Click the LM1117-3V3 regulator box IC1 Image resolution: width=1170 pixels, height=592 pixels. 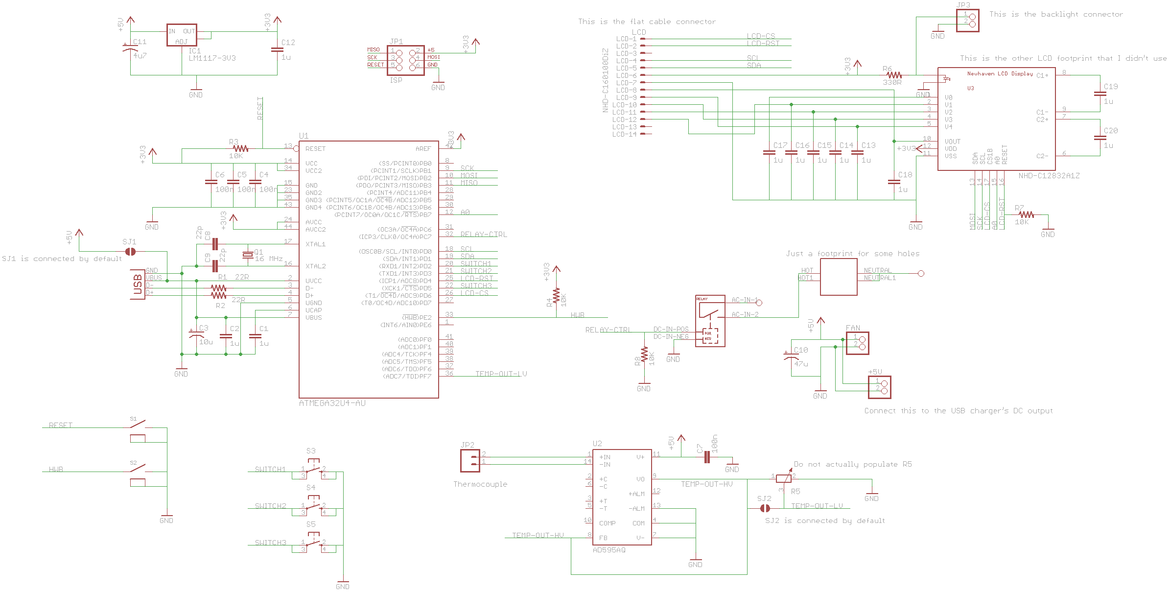click(x=182, y=35)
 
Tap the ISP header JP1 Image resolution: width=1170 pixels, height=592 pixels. click(x=405, y=60)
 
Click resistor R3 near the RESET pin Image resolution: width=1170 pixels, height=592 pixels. click(x=240, y=148)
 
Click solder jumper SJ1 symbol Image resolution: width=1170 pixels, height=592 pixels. click(x=130, y=252)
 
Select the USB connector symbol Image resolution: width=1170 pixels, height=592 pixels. click(x=138, y=284)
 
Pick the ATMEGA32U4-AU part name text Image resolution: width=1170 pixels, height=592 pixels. click(x=332, y=403)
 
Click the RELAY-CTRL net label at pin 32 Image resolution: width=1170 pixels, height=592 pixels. click(x=483, y=235)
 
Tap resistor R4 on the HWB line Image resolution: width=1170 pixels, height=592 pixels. click(x=556, y=296)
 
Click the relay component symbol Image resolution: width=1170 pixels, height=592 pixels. click(x=710, y=321)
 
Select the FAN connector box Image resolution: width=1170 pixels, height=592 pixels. click(x=858, y=343)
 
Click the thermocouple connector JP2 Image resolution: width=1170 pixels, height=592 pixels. click(x=470, y=461)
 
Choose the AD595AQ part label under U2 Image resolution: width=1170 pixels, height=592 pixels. click(x=608, y=550)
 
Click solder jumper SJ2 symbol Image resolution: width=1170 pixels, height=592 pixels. click(x=764, y=509)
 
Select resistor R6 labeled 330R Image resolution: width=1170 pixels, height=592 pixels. click(x=894, y=75)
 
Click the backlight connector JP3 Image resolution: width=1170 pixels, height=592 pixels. click(x=968, y=20)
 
